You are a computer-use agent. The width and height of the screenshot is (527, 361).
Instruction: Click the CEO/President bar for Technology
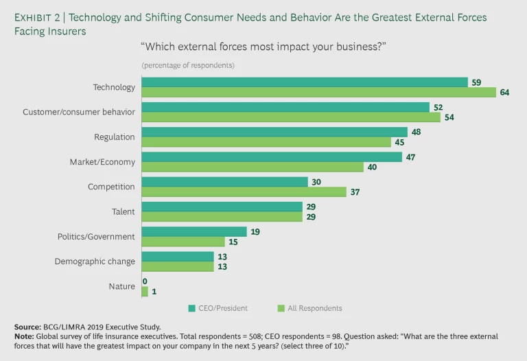point(304,82)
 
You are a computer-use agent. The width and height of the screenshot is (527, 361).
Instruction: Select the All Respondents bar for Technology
point(318,93)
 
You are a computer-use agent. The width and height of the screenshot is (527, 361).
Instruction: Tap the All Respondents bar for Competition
point(244,192)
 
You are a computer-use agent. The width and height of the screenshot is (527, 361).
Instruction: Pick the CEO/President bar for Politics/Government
point(194,231)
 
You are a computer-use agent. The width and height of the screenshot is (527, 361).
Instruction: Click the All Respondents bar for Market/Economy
point(253,167)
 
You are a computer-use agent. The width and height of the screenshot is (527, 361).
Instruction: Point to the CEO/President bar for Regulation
point(274,132)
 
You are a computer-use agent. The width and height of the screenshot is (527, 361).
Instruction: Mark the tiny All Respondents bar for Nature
point(145,291)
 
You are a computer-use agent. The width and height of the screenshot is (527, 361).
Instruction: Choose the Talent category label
point(122,212)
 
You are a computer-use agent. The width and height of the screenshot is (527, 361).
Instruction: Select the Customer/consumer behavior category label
point(79,112)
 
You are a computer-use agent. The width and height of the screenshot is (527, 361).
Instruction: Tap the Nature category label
point(121,286)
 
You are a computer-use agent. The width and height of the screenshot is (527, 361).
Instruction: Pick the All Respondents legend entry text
point(315,308)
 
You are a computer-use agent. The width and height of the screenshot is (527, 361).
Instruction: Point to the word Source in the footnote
point(28,327)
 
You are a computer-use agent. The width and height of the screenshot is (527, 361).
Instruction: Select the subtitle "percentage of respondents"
point(188,65)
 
